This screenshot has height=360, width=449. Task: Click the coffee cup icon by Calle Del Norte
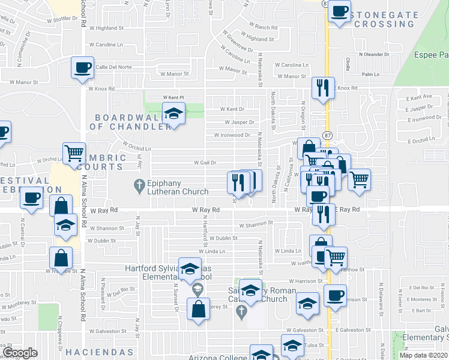82,67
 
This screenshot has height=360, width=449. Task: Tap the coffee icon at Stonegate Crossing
339,11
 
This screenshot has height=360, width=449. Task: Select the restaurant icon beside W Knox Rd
323,88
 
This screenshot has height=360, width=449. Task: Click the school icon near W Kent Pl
173,113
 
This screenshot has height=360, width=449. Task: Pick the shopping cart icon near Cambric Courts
74,153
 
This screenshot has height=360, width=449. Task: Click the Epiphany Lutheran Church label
178,188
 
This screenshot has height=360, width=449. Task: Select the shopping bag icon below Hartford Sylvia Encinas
198,310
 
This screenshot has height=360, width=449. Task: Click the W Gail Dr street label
204,163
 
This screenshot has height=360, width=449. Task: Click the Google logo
19,353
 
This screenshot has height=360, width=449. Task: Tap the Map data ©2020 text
424,355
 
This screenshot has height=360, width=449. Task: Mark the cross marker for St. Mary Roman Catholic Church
241,311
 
